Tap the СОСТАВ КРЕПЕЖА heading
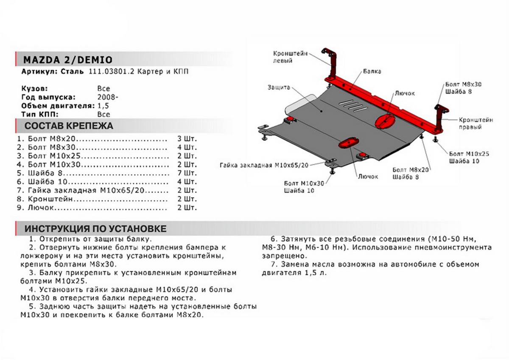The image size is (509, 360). pos(69,126)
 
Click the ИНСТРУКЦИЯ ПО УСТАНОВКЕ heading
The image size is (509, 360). pos(95,229)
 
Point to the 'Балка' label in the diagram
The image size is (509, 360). pos(372,71)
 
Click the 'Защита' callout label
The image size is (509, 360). pos(279,87)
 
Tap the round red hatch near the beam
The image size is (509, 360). pos(385,120)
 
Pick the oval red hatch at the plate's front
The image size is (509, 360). pos(349,142)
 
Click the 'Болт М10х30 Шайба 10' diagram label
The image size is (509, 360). pos(305,187)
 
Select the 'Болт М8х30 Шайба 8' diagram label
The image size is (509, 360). pos(464,88)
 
